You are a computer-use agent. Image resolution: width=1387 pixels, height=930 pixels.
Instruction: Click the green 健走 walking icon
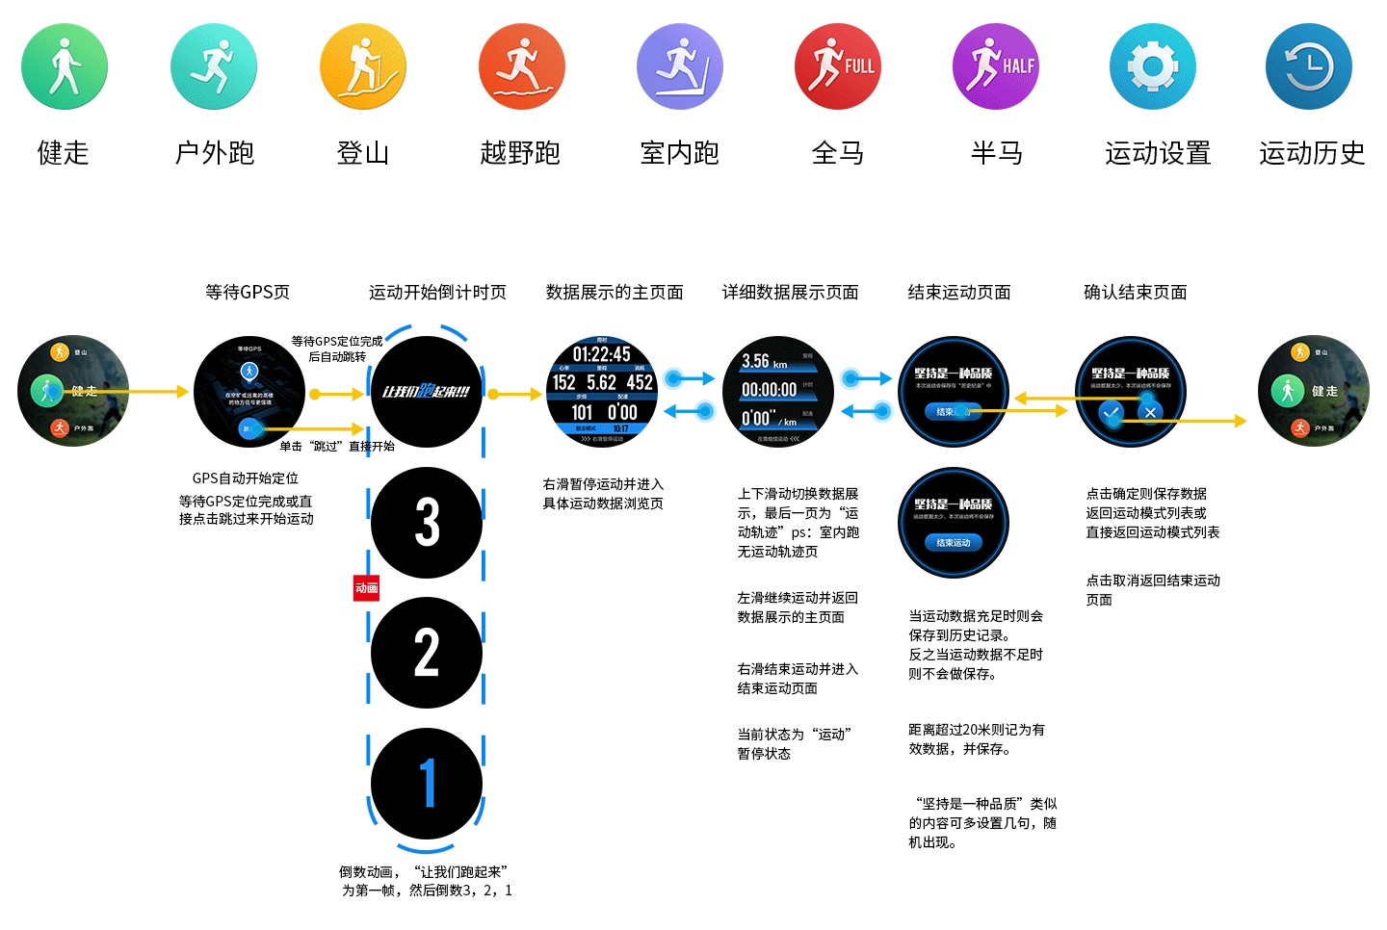click(x=65, y=66)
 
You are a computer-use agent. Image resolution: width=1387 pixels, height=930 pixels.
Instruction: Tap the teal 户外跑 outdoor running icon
click(x=214, y=66)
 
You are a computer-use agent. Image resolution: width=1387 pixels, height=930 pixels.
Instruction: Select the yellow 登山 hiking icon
click(x=363, y=66)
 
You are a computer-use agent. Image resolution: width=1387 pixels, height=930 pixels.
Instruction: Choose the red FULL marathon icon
click(x=838, y=66)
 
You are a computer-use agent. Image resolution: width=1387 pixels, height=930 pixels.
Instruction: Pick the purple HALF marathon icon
click(x=996, y=66)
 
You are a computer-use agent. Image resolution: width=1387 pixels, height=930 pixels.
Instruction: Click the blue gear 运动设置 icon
click(x=1153, y=66)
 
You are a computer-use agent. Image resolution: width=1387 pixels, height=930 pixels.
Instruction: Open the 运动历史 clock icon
click(x=1309, y=66)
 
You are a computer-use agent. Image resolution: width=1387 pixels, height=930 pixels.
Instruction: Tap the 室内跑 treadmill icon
click(x=680, y=66)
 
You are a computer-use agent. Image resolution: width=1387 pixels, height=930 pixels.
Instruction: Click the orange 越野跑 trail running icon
click(x=522, y=66)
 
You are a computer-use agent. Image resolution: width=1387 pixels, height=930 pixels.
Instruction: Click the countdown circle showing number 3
click(x=427, y=523)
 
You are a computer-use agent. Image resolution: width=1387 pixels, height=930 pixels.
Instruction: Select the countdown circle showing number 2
click(x=427, y=653)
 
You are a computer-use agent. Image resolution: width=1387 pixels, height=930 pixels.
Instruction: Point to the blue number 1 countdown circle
click(x=427, y=783)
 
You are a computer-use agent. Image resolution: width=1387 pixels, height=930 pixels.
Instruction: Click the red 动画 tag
click(x=366, y=587)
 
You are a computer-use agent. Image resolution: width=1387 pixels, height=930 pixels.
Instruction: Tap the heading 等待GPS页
click(x=248, y=292)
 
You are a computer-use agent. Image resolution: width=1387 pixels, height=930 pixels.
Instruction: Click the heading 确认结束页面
click(x=1136, y=292)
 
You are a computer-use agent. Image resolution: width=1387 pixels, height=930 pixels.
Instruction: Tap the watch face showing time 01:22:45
click(x=602, y=392)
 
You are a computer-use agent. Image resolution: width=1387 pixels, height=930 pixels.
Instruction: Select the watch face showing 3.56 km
click(x=777, y=392)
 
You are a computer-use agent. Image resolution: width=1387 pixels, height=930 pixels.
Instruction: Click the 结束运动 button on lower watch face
click(x=954, y=543)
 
